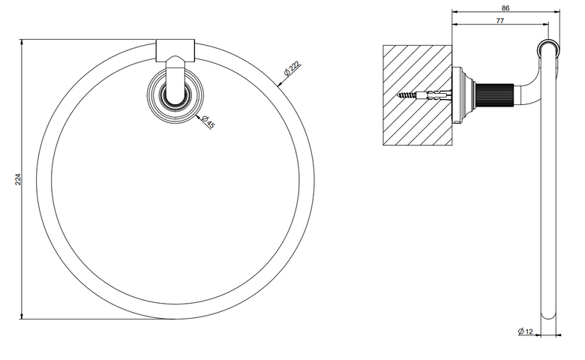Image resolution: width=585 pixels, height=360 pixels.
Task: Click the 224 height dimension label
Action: pos(17,179)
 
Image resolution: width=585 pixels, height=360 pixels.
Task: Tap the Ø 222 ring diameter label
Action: pos(292,68)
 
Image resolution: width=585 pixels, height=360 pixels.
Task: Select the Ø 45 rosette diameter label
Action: pos(208,121)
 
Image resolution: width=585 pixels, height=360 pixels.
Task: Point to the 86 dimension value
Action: pos(505,7)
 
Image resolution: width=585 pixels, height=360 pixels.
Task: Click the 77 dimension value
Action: pos(500,21)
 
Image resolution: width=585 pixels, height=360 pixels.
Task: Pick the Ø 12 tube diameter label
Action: pos(525,331)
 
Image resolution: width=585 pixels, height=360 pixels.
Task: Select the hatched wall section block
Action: pos(418,95)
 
